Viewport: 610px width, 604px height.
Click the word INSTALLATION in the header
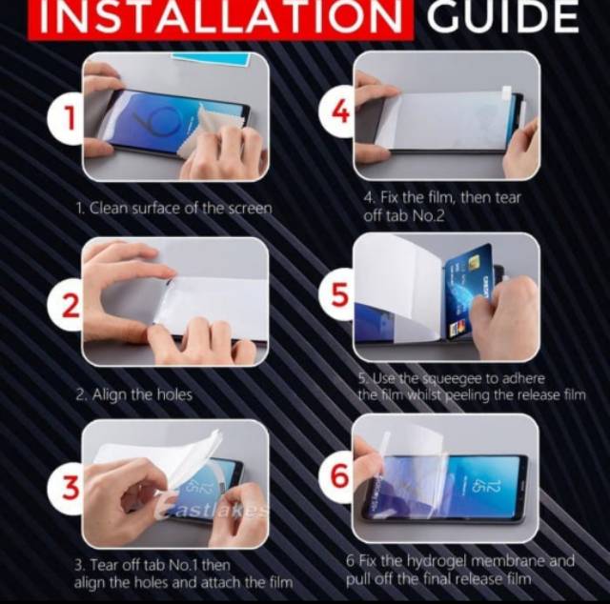[221, 17]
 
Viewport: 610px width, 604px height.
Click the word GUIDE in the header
[502, 16]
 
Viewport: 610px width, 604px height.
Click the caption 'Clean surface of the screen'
[180, 209]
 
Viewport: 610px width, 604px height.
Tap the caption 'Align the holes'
[142, 395]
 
